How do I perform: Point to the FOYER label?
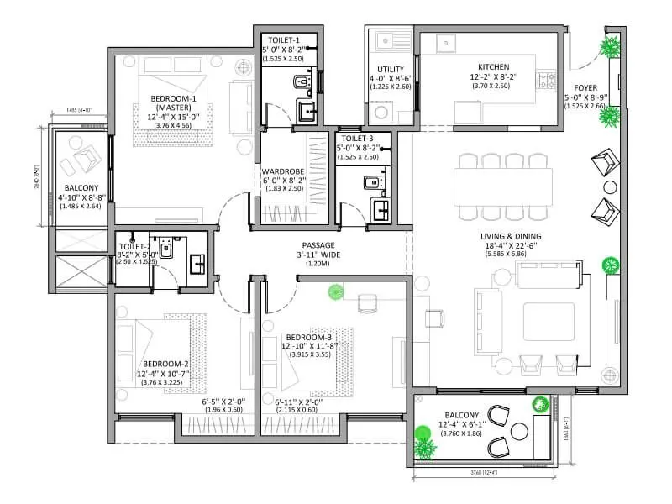click(585, 88)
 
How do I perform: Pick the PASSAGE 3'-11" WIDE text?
click(318, 245)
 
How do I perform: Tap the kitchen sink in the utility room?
click(386, 39)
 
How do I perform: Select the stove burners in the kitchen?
click(549, 81)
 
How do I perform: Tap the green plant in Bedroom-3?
click(336, 292)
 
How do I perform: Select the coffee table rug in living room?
click(549, 322)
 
